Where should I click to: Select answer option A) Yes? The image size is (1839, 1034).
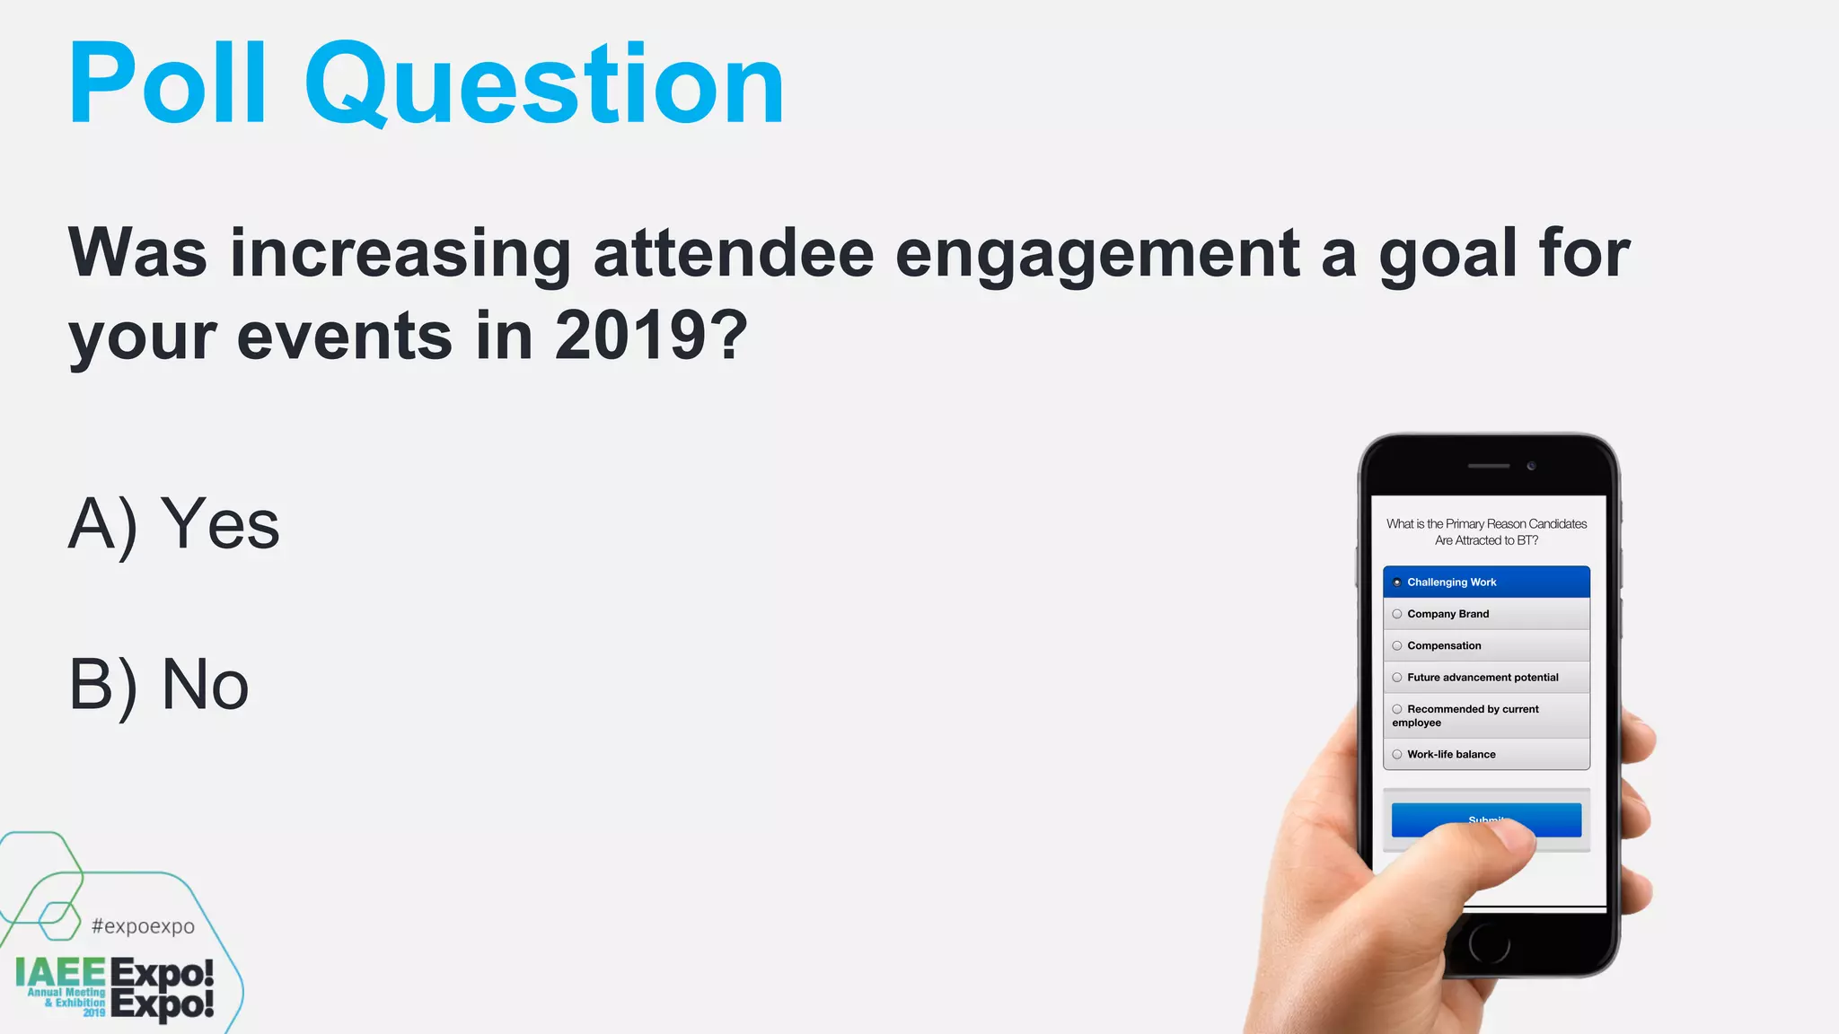[x=174, y=524]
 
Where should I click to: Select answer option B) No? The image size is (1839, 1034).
[x=159, y=685]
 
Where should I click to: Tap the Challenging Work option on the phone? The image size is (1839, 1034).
[x=1486, y=582]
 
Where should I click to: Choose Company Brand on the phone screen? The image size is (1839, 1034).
[x=1486, y=614]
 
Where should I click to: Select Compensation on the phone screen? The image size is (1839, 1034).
[x=1486, y=645]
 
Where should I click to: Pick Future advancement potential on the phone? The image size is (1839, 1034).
[x=1486, y=678]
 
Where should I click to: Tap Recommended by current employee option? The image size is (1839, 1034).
[x=1486, y=715]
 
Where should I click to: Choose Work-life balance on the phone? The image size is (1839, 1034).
[x=1486, y=754]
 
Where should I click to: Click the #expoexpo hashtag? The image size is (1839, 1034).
[x=143, y=926]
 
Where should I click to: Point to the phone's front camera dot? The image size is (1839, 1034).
[x=1531, y=466]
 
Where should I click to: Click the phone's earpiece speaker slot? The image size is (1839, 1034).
[x=1488, y=466]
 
